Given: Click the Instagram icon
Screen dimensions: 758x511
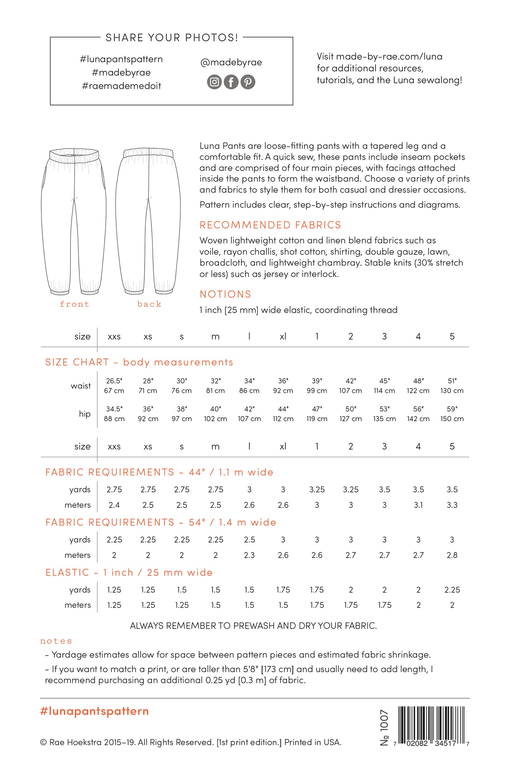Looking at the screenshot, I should click(214, 82).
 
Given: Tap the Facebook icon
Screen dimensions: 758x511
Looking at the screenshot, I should click(231, 82).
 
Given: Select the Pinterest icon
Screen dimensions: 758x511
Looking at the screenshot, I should click(248, 82).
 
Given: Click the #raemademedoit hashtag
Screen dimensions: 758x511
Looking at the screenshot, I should click(121, 86).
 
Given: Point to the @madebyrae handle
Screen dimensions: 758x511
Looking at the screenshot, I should click(231, 63).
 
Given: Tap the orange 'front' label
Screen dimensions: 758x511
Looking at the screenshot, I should click(74, 304).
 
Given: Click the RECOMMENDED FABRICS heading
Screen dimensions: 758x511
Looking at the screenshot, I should click(270, 225).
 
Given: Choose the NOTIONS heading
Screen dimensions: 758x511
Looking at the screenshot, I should click(225, 294).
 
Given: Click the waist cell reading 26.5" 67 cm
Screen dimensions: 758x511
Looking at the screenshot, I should click(114, 386).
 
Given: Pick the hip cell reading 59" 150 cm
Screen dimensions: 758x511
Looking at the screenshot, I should click(452, 414).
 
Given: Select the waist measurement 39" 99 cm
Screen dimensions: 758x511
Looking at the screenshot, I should click(317, 386).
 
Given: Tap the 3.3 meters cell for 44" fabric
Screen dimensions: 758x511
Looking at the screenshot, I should click(452, 505).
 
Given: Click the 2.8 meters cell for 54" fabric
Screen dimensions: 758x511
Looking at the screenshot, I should click(452, 555).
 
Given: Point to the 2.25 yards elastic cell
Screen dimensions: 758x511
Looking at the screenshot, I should click(452, 590).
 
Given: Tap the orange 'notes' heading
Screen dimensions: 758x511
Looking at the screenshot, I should click(56, 641).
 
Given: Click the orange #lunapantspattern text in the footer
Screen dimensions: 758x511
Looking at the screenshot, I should click(94, 711).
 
